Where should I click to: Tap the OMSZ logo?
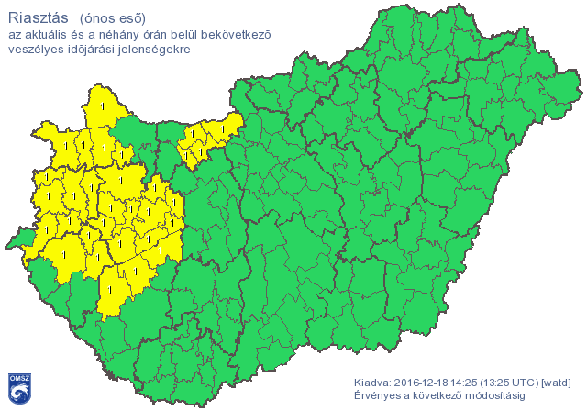point(20,388)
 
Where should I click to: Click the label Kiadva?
point(372,382)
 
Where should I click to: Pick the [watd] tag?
point(558,382)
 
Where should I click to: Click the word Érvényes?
point(376,395)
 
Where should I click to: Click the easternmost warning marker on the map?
point(221,128)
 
